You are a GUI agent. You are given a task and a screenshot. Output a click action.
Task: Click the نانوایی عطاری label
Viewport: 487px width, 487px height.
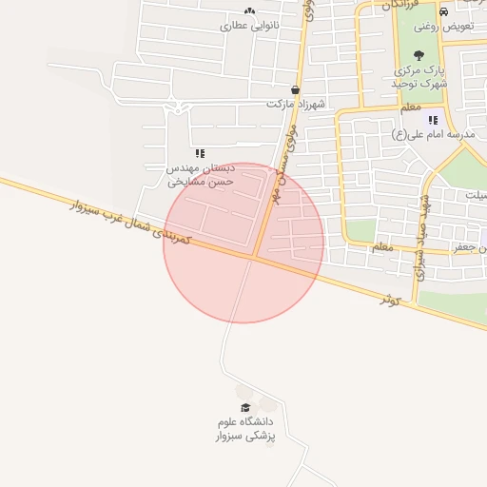[253, 26]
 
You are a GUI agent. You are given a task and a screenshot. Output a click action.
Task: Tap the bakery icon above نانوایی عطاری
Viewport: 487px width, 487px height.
[249, 11]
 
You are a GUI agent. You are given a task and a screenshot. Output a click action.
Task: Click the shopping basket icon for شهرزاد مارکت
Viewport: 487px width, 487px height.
[297, 89]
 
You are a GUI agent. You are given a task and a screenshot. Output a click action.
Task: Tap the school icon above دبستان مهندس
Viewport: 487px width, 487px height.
[200, 152]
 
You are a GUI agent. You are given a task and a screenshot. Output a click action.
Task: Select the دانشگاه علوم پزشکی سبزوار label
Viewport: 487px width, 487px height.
[245, 429]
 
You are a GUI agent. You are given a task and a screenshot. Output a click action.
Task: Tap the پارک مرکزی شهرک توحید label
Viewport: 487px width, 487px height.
[419, 76]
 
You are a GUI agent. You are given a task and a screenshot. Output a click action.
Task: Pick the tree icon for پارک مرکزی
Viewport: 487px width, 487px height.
[419, 55]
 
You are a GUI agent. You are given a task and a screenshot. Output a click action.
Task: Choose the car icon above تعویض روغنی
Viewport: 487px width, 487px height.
[443, 11]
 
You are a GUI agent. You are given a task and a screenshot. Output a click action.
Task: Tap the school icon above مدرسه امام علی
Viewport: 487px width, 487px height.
[433, 120]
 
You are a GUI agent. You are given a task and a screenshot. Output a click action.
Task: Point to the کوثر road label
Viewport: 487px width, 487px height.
[390, 299]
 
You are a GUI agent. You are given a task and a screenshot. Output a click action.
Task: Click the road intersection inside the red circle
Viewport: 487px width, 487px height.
[254, 256]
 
